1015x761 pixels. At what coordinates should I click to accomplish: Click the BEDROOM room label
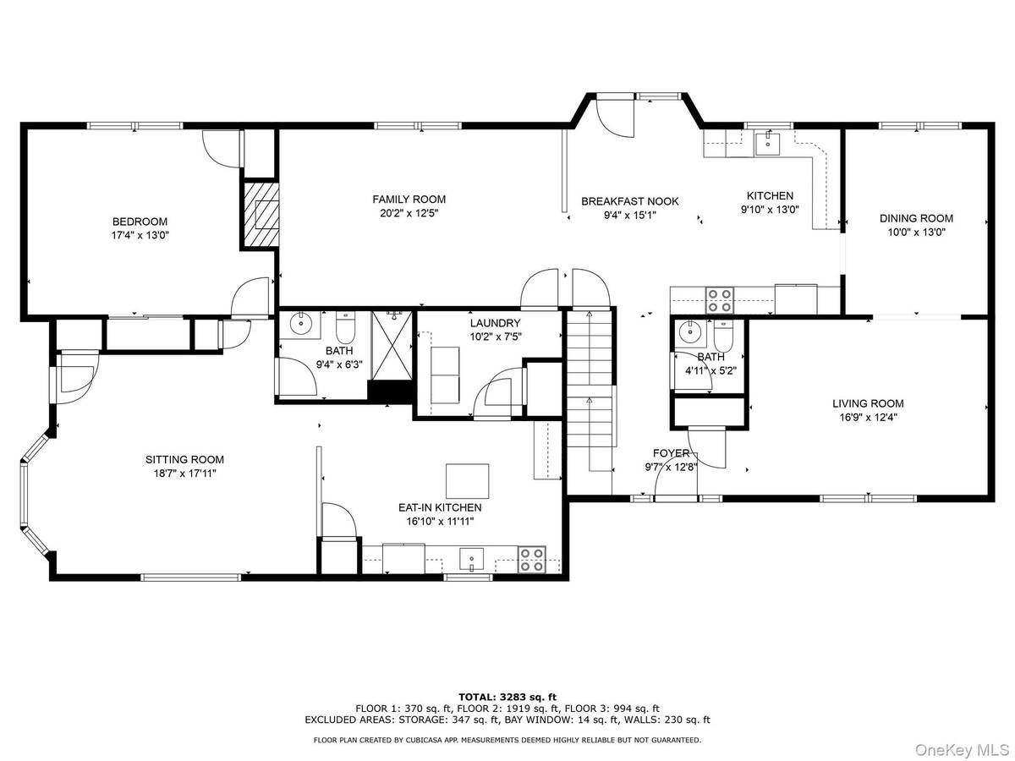tap(140, 222)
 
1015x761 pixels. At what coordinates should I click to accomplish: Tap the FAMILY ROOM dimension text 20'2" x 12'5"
tap(409, 213)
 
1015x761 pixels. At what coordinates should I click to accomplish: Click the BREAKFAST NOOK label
tap(630, 201)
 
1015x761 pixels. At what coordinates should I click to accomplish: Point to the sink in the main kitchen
tap(768, 143)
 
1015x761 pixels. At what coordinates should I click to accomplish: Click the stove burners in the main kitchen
tap(720, 300)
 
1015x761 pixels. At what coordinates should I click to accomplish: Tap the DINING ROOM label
tap(916, 218)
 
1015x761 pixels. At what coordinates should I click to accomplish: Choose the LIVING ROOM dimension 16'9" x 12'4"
tap(868, 418)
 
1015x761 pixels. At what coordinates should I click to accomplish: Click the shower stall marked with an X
tap(392, 346)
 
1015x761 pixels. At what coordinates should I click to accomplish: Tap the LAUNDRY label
tap(496, 323)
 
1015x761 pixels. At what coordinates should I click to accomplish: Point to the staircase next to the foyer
tap(590, 379)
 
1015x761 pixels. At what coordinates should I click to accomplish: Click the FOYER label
tap(671, 453)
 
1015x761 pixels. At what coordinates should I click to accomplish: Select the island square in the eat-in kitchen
tap(467, 481)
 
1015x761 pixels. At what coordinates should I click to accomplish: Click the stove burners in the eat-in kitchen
tap(532, 560)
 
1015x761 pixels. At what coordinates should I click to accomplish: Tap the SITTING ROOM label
tap(184, 460)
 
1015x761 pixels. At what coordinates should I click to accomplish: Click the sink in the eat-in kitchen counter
tap(471, 559)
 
